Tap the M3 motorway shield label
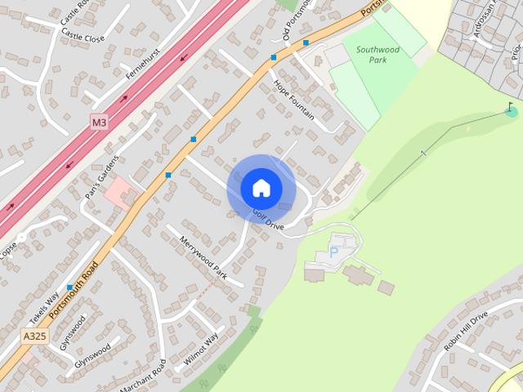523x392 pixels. click(x=99, y=122)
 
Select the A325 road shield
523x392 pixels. click(x=34, y=335)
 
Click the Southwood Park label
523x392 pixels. click(x=378, y=54)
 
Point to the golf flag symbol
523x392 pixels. click(x=511, y=109)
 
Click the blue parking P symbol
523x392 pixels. click(x=333, y=254)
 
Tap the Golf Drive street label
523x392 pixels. click(x=268, y=219)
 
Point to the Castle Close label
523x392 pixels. click(x=83, y=38)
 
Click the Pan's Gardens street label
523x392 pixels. click(x=102, y=177)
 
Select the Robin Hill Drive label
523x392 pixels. click(x=466, y=330)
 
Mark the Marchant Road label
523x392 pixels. click(x=143, y=376)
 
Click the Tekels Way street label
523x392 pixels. click(x=44, y=307)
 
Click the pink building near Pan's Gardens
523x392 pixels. click(x=120, y=190)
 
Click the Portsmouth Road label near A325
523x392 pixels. click(x=74, y=290)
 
